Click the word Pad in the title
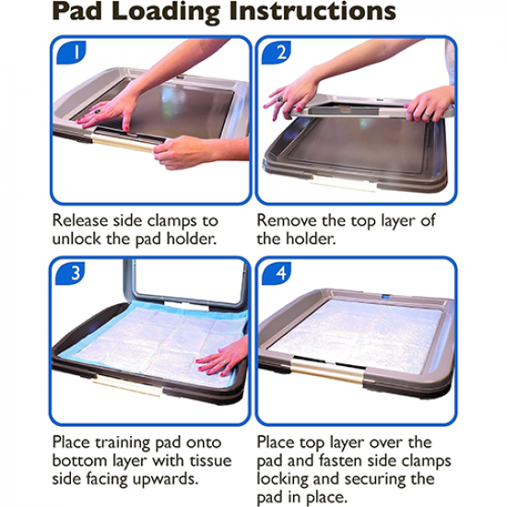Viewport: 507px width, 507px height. click(77, 11)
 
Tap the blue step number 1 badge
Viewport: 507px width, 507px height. click(72, 52)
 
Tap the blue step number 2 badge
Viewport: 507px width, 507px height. click(277, 52)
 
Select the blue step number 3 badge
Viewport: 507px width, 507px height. click(70, 273)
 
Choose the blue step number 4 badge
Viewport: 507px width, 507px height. click(277, 273)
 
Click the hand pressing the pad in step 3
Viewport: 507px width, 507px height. click(224, 357)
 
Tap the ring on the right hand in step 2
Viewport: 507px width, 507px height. click(428, 114)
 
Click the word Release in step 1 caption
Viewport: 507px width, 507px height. click(80, 221)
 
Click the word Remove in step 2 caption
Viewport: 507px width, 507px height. click(287, 221)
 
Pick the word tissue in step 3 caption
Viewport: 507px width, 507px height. click(211, 461)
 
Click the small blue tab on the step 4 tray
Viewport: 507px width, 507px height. click(386, 296)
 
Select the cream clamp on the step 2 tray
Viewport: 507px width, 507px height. click(344, 183)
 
